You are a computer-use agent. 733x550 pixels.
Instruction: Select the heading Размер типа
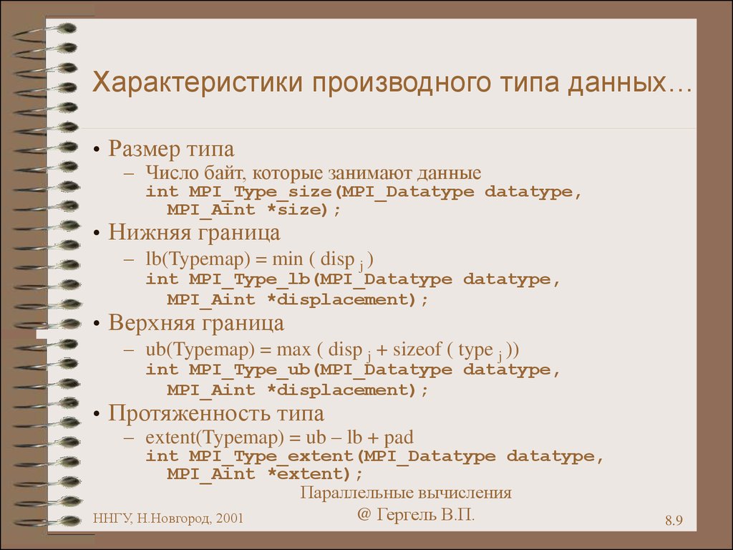171,149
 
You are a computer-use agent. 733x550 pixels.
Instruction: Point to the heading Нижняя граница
195,233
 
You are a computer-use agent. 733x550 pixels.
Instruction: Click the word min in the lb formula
288,259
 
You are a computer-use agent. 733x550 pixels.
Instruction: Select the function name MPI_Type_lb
250,280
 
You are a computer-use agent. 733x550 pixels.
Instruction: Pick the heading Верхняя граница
196,323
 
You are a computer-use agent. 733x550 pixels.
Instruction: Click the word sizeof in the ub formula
417,349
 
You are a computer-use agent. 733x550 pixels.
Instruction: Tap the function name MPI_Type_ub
250,370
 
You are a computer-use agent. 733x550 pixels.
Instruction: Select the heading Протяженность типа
216,414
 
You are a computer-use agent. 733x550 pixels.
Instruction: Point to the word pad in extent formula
399,438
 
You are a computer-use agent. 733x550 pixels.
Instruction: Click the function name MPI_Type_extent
271,456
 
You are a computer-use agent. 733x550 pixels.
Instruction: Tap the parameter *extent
308,474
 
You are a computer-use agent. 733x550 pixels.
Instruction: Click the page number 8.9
674,520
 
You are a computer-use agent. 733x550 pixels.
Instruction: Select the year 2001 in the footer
230,518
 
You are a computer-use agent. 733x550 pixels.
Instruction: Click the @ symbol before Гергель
364,514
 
